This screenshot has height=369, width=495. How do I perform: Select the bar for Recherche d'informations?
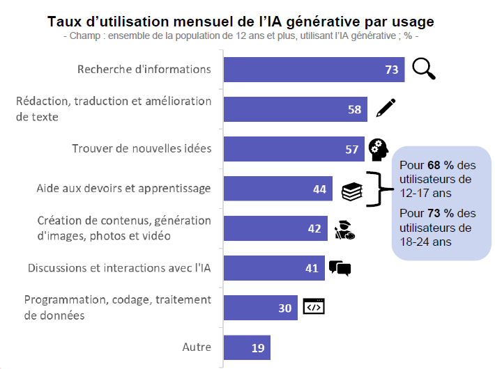314,70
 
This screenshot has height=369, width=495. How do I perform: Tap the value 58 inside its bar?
354,109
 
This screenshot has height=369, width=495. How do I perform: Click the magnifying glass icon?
422,69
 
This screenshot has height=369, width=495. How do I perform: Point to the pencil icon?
386,109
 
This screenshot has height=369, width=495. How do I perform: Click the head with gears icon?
379,148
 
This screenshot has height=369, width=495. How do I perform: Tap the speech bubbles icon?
340,268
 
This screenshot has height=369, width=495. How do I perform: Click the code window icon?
314,307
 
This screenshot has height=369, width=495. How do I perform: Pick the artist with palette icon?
344,230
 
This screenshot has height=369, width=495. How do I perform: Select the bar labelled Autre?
246,347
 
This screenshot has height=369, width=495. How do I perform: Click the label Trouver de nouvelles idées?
142,149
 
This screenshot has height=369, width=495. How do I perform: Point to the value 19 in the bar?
258,347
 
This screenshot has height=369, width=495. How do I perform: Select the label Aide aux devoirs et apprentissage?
123,189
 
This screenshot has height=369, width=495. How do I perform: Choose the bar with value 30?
260,308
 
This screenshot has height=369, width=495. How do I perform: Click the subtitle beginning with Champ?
240,36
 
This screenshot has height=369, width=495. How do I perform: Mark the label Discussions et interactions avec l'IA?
119,268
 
